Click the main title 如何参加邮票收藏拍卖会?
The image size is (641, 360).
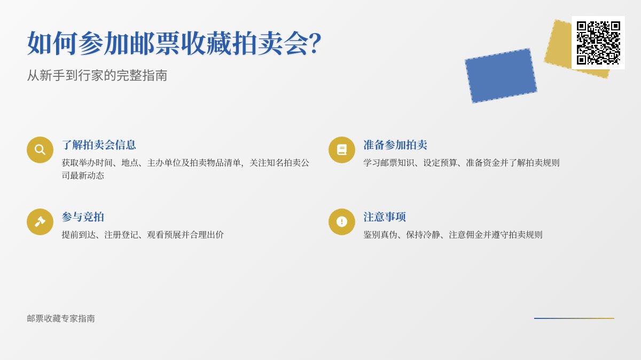pyautogui.click(x=174, y=43)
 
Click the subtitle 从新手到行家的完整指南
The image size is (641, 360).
pyautogui.click(x=97, y=75)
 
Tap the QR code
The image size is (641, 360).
pyautogui.click(x=598, y=43)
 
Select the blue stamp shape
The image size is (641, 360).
pyautogui.click(x=501, y=76)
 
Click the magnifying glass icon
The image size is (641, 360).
pyautogui.click(x=40, y=150)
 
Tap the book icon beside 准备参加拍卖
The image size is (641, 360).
pyautogui.click(x=342, y=150)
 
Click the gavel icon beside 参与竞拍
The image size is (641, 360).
pyautogui.click(x=40, y=222)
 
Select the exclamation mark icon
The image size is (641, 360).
pyautogui.click(x=342, y=222)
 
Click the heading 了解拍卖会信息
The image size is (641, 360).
pyautogui.click(x=99, y=145)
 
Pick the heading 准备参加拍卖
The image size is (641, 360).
pyautogui.click(x=395, y=145)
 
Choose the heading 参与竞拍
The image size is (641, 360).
pyautogui.click(x=83, y=217)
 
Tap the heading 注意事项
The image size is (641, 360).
pyautogui.click(x=385, y=217)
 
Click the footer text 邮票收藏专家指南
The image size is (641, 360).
pyautogui.click(x=61, y=318)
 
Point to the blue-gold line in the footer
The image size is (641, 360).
pyautogui.click(x=574, y=318)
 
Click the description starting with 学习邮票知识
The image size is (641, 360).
pyautogui.click(x=462, y=163)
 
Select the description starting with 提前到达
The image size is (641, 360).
pyautogui.click(x=143, y=235)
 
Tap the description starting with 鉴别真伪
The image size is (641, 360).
pyautogui.click(x=453, y=235)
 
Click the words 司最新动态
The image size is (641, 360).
pyautogui.click(x=83, y=175)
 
